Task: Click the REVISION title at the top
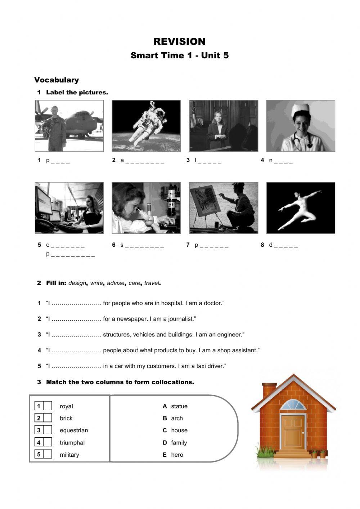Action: pyautogui.click(x=179, y=41)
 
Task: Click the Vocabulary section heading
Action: pyautogui.click(x=57, y=80)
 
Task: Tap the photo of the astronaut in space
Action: pyautogui.click(x=147, y=126)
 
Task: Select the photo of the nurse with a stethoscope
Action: pyautogui.click(x=301, y=126)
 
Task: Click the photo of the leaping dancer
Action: pyautogui.click(x=301, y=208)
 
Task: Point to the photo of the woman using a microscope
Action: pyautogui.click(x=147, y=208)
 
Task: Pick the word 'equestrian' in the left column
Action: pyautogui.click(x=74, y=430)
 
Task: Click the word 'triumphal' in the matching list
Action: pyautogui.click(x=72, y=443)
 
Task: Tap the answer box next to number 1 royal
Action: pyautogui.click(x=48, y=406)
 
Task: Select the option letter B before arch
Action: pyautogui.click(x=165, y=418)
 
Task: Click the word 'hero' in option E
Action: pyautogui.click(x=177, y=455)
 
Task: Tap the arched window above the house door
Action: pyautogui.click(x=293, y=405)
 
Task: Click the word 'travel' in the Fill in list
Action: pyautogui.click(x=152, y=283)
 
